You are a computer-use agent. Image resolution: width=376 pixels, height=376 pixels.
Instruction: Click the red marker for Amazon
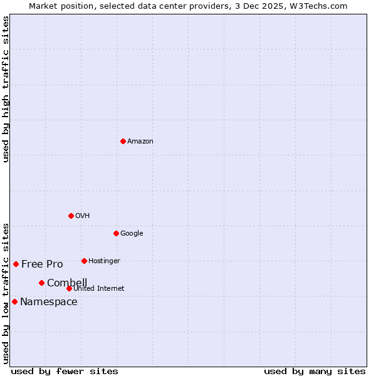pyautogui.click(x=123, y=141)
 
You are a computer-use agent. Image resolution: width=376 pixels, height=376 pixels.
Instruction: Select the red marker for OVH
pyautogui.click(x=71, y=216)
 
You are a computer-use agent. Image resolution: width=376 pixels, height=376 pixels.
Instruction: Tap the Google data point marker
pyautogui.click(x=116, y=233)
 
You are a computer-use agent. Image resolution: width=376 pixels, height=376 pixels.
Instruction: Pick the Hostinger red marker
pyautogui.click(x=84, y=261)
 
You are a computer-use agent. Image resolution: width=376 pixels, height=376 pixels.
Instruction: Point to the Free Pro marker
pyautogui.click(x=16, y=264)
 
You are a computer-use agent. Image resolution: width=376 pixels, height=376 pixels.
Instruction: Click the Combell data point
pyautogui.click(x=41, y=283)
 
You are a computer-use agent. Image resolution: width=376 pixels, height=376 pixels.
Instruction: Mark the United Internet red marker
pyautogui.click(x=69, y=288)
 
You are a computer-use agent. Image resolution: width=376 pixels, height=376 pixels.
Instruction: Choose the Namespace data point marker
pyautogui.click(x=14, y=301)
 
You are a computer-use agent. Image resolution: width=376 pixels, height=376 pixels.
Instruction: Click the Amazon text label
pyautogui.click(x=140, y=142)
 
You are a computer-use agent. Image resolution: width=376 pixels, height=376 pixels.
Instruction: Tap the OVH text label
pyautogui.click(x=83, y=216)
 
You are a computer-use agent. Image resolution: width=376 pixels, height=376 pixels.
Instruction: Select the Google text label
pyautogui.click(x=132, y=234)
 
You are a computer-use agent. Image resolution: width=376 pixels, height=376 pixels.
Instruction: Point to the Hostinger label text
pyautogui.click(x=104, y=261)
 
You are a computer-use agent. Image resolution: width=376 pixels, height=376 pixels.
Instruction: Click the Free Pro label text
pyautogui.click(x=42, y=264)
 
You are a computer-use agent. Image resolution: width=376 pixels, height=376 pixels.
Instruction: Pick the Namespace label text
pyautogui.click(x=49, y=302)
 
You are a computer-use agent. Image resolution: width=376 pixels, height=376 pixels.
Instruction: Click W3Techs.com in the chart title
pyautogui.click(x=323, y=6)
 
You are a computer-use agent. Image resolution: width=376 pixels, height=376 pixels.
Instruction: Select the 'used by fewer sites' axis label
pyautogui.click(x=65, y=371)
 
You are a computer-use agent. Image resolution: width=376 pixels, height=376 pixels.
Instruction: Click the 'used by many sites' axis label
pyautogui.click(x=315, y=371)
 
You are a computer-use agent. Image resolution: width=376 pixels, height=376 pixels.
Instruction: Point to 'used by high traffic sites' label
pyautogui.click(x=6, y=89)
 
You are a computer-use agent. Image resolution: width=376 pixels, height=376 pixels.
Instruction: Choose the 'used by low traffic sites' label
pyautogui.click(x=6, y=293)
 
